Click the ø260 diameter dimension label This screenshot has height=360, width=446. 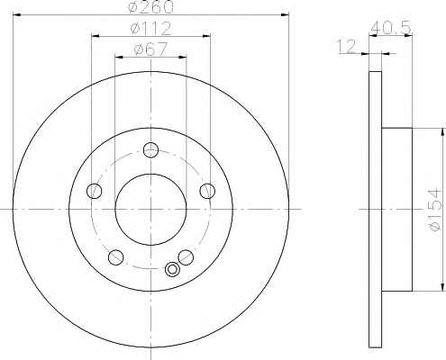150,7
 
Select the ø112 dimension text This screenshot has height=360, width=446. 150,29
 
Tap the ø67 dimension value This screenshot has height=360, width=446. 150,49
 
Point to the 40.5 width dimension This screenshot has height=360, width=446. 390,28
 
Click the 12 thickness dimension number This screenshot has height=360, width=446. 347,46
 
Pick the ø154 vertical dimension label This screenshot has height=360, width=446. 434,210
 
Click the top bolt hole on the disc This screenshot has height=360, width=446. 150,149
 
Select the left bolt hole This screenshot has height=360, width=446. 95,191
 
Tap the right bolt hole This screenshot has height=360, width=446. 207,191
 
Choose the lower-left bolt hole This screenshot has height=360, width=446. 115,257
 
